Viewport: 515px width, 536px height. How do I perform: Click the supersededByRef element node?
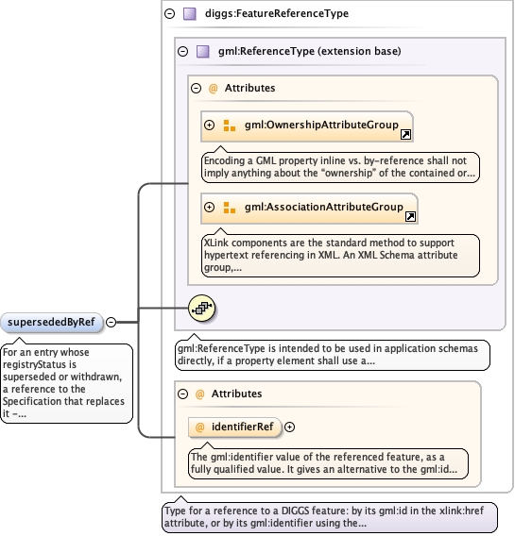click(52, 323)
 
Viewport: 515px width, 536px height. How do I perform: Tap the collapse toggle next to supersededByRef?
click(111, 322)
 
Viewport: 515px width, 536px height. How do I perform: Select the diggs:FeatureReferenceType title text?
click(277, 13)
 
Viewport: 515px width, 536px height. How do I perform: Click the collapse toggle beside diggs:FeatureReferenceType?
click(170, 13)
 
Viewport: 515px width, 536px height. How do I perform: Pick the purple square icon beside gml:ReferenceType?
click(203, 52)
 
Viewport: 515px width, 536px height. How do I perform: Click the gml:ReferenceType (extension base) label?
click(310, 51)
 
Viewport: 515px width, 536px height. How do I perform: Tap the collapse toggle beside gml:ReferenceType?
click(183, 52)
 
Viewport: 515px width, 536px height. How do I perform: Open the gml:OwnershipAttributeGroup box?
click(307, 126)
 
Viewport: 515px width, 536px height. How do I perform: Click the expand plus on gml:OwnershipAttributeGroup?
click(209, 126)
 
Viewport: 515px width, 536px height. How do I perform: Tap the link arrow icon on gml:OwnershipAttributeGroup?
click(405, 134)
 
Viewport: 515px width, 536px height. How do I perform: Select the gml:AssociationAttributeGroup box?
click(309, 209)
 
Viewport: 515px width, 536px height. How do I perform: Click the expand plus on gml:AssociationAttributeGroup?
click(209, 208)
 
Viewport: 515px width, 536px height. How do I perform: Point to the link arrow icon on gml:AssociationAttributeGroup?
click(410, 216)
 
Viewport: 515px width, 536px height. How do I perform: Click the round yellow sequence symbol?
click(202, 309)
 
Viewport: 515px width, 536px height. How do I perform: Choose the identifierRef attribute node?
click(234, 427)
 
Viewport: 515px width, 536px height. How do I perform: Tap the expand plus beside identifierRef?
click(289, 427)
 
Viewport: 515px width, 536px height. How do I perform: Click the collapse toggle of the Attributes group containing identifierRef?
click(183, 394)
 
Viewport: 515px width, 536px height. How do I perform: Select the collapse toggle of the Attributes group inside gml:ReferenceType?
click(196, 89)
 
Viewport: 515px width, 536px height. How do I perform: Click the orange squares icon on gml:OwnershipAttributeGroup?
click(230, 126)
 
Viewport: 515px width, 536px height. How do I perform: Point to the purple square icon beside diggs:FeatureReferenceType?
click(190, 14)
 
